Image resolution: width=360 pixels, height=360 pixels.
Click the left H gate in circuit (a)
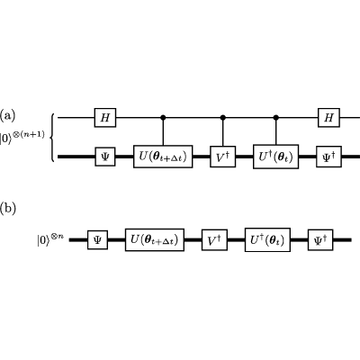(x=105, y=118)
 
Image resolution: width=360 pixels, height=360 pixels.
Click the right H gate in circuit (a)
(x=328, y=118)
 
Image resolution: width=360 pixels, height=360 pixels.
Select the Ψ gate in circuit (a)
(x=105, y=157)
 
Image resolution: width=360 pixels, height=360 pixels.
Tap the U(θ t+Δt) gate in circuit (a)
(x=163, y=157)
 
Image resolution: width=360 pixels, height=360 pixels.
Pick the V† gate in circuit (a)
(x=222, y=157)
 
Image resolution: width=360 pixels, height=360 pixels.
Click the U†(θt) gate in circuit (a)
(x=276, y=157)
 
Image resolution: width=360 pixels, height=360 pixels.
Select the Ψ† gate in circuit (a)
(x=328, y=157)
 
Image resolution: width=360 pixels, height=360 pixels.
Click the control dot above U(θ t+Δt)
(x=163, y=118)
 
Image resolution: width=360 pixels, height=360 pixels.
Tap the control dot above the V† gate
(x=222, y=118)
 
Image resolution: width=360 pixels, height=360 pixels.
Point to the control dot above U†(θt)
(x=276, y=118)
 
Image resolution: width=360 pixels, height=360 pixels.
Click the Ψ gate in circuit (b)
(x=97, y=239)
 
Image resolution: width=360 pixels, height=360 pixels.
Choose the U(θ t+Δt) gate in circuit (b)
(x=155, y=239)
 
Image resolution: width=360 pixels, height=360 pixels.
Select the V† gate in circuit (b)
(x=214, y=239)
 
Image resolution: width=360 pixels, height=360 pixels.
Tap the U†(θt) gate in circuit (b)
(x=267, y=239)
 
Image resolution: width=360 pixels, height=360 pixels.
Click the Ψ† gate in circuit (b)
(x=320, y=239)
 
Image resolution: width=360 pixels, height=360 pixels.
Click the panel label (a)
(x=7, y=115)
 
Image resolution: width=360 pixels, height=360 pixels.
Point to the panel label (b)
(x=7, y=209)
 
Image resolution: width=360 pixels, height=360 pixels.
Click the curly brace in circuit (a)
(x=52, y=138)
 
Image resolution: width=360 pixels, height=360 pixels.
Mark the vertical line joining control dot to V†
(x=222, y=133)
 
